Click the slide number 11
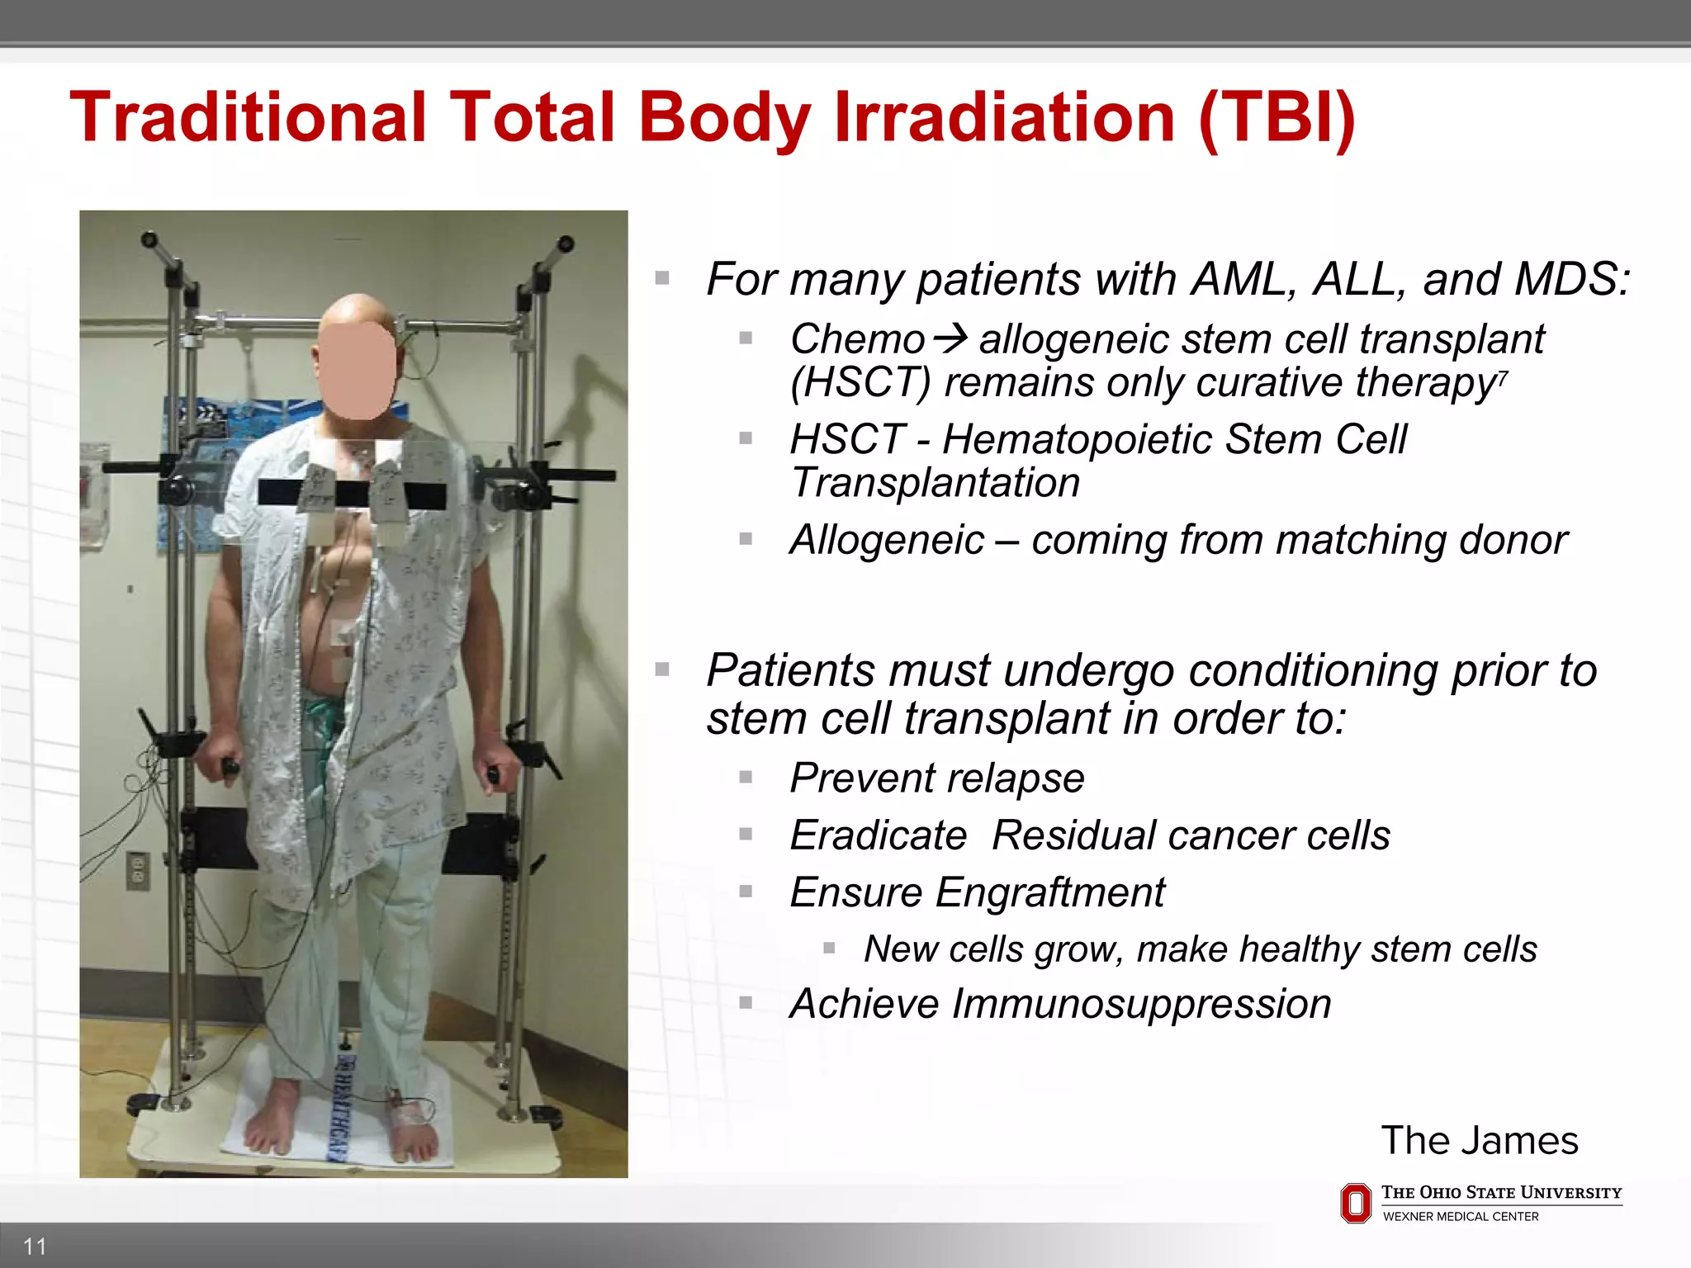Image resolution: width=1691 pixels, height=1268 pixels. [x=35, y=1246]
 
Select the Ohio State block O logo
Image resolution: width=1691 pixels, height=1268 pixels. [x=1356, y=1203]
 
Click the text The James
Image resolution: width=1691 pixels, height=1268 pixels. [x=1480, y=1141]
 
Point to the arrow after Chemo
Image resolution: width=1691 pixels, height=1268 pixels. [x=951, y=338]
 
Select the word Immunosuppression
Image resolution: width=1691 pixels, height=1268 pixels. [x=1142, y=1005]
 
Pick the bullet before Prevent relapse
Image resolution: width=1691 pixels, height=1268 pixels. [x=746, y=777]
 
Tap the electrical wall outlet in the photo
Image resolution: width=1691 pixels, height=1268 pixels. [x=137, y=871]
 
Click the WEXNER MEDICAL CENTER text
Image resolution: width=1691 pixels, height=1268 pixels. [x=1461, y=1217]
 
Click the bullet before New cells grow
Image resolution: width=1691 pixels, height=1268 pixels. [x=829, y=949]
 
